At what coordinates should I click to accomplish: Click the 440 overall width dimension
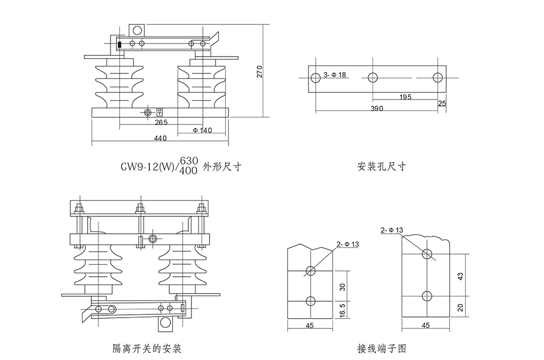pos(160,139)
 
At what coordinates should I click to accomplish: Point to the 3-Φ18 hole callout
pos(335,74)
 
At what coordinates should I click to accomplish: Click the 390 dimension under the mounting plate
pos(377,108)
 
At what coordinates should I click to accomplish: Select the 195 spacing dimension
pos(405,97)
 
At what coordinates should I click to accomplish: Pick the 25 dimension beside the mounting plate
pos(442,103)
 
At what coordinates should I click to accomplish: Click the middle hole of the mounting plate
pos(373,77)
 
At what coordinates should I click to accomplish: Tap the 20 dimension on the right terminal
pos(460,307)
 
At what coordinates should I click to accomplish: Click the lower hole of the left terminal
pos(311,301)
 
